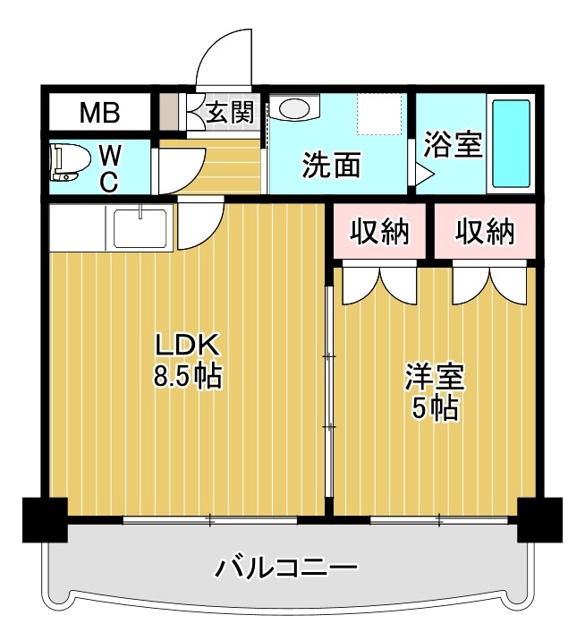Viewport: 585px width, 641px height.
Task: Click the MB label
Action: (x=99, y=114)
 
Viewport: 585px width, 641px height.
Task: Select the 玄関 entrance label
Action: (x=231, y=113)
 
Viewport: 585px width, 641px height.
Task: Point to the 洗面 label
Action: (x=332, y=165)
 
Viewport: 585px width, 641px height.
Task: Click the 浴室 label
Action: (x=453, y=143)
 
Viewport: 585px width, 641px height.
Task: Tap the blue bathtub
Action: (x=512, y=143)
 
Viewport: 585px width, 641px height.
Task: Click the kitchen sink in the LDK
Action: (x=141, y=227)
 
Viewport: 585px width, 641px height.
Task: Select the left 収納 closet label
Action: (x=379, y=232)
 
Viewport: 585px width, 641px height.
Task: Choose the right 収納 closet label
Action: (x=485, y=232)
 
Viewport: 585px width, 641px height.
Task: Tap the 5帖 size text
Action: (x=435, y=408)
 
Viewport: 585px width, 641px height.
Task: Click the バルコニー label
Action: (x=286, y=568)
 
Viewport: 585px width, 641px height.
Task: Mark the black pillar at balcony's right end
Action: (x=539, y=519)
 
